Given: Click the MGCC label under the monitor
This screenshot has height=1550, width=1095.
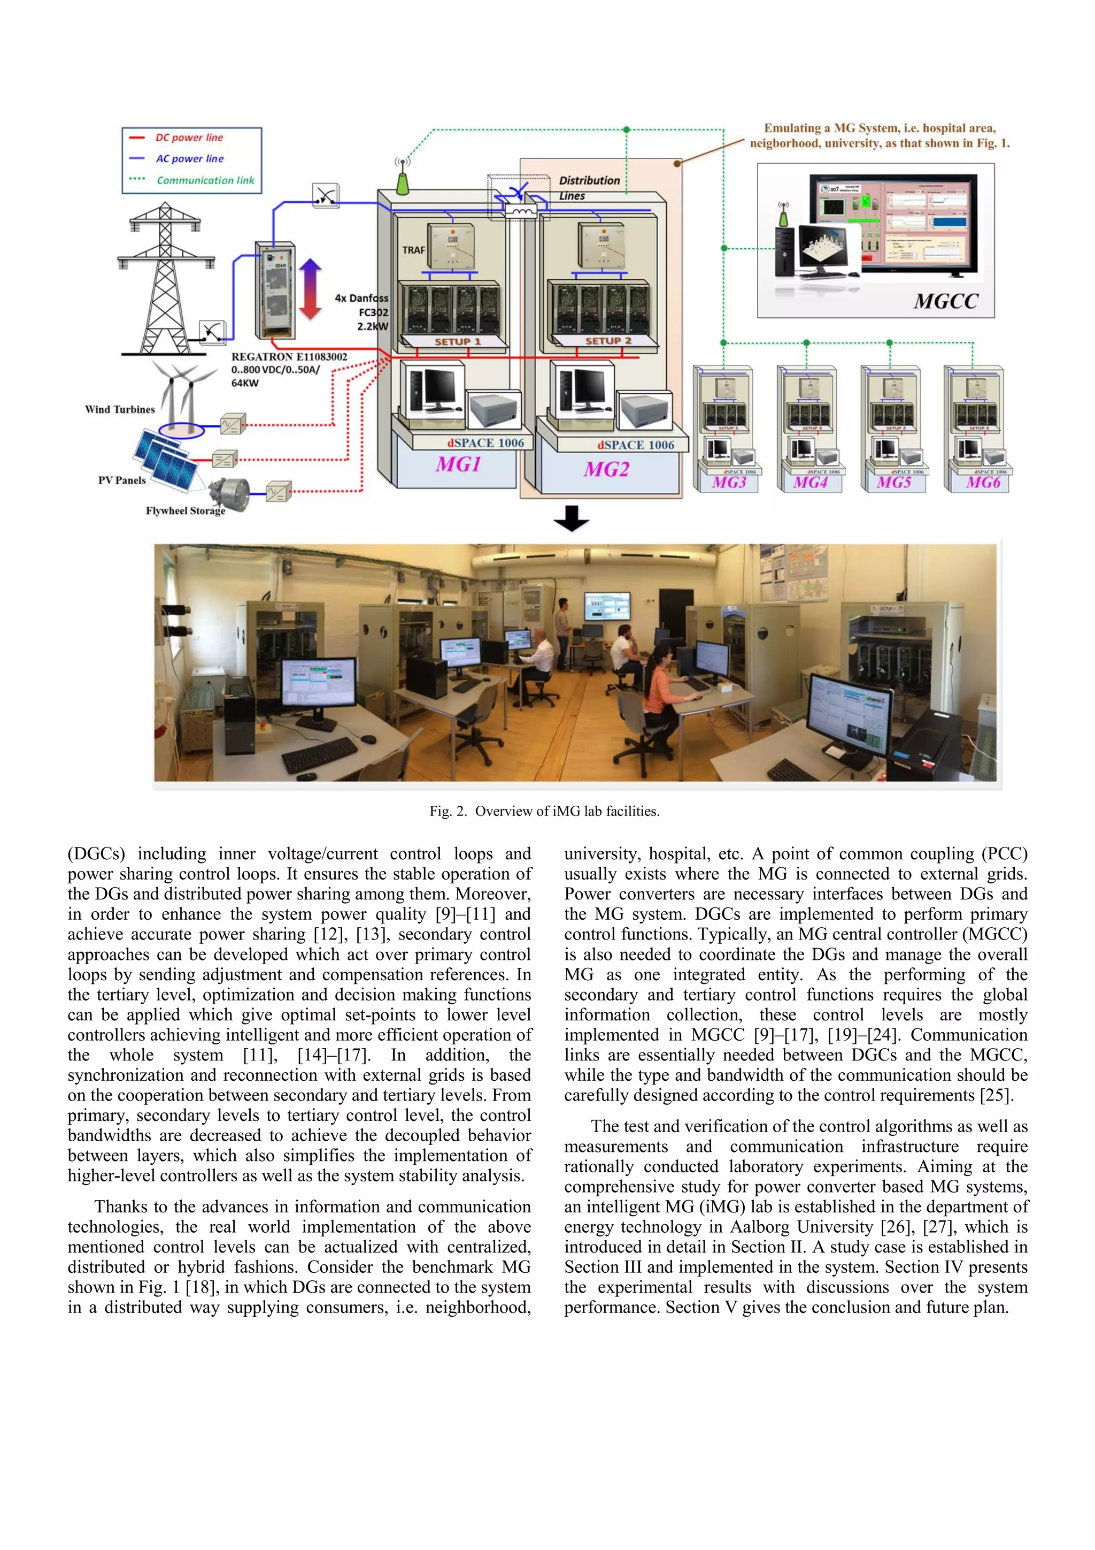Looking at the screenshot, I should tap(945, 301).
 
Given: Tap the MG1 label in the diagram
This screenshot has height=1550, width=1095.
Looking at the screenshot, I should tap(458, 464).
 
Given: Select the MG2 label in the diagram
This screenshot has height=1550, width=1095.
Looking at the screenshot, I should tap(606, 469).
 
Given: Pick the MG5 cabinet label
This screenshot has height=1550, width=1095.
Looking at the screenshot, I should tap(894, 483).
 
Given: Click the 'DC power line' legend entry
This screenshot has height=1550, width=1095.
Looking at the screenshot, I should tap(189, 138).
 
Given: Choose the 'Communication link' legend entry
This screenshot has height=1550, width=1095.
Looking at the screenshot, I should tap(205, 180).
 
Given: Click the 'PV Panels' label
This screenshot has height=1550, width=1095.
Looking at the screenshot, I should tap(121, 480).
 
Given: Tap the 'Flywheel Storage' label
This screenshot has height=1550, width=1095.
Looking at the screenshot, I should tap(186, 511).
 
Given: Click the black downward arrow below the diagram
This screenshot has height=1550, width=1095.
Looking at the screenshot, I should tap(571, 518).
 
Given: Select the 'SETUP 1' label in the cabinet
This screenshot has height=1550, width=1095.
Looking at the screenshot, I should tap(458, 341).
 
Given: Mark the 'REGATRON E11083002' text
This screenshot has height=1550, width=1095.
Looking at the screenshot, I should tap(289, 356).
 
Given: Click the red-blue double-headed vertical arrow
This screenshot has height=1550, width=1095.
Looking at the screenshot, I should tap(310, 288).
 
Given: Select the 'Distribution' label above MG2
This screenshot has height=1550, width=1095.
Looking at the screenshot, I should tap(589, 180).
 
